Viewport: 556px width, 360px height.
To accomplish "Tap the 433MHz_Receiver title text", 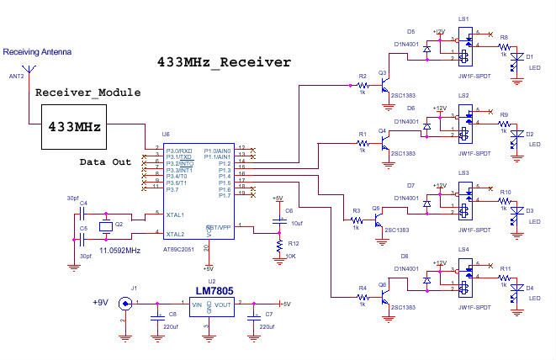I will coord(224,62).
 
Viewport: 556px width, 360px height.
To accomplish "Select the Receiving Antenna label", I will coord(37,52).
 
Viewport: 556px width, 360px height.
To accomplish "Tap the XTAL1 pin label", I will coord(176,214).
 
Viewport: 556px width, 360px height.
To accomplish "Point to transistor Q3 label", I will coord(383,73).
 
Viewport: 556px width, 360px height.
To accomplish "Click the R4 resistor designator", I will coord(363,288).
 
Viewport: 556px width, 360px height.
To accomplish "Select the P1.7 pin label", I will coord(224,195).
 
